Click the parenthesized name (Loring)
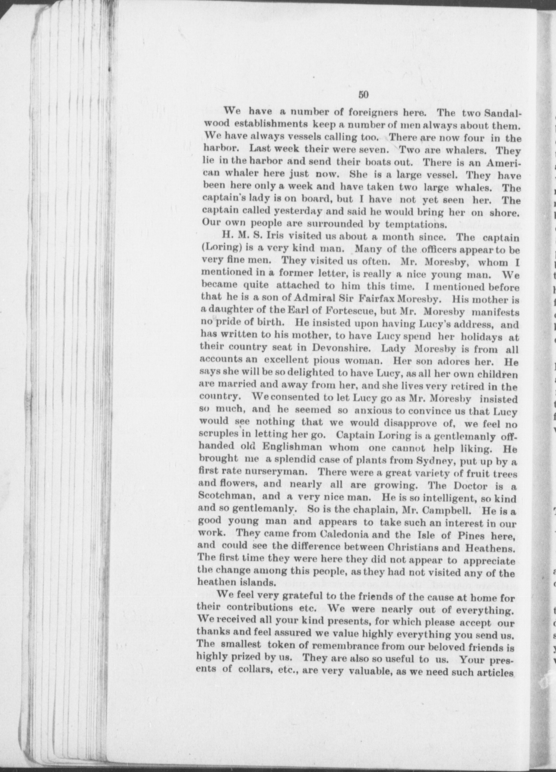[x=219, y=249]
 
